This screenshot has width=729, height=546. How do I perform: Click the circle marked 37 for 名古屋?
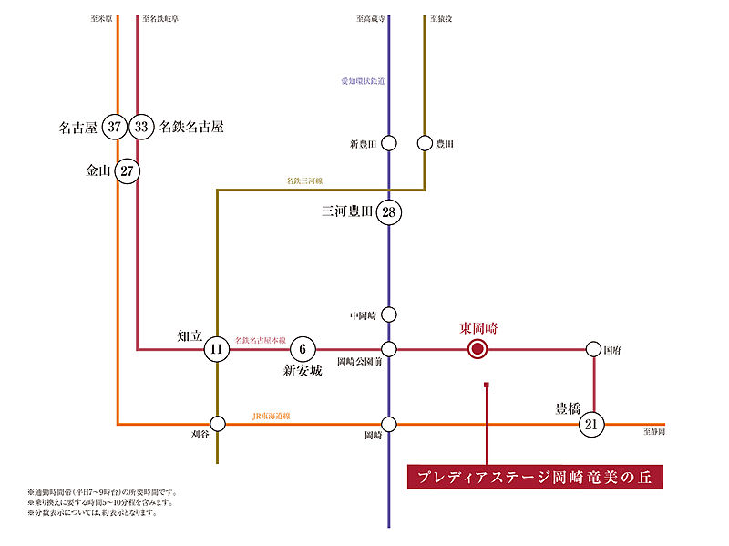click(x=114, y=127)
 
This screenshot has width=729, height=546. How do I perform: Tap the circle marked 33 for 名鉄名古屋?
click(x=141, y=127)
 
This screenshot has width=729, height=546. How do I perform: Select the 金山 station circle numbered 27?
click(x=128, y=170)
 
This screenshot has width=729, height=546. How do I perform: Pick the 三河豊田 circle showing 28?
click(x=389, y=213)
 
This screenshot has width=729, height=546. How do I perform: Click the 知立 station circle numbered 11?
click(x=217, y=349)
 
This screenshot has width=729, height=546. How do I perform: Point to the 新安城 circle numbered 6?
click(x=303, y=349)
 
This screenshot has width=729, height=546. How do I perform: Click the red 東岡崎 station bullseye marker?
click(x=477, y=349)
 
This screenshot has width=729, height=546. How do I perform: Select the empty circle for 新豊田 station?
click(x=389, y=143)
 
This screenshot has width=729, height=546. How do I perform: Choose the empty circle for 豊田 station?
click(x=425, y=143)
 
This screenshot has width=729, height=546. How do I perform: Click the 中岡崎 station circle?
click(x=389, y=314)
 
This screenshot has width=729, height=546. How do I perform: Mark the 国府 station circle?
click(x=593, y=349)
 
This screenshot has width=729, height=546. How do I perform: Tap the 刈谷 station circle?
click(x=217, y=423)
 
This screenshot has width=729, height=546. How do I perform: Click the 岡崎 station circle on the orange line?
click(x=389, y=423)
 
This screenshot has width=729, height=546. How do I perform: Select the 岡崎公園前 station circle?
click(x=389, y=349)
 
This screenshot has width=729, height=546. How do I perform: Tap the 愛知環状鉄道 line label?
click(x=363, y=81)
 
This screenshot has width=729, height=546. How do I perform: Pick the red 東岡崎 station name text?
click(x=478, y=327)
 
